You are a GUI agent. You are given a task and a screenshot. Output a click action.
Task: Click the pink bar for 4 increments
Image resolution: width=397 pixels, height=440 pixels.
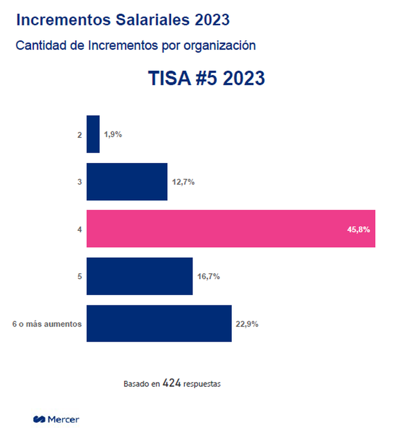click(231, 229)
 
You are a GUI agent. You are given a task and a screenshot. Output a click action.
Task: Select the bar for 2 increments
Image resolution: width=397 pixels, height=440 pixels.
click(93, 134)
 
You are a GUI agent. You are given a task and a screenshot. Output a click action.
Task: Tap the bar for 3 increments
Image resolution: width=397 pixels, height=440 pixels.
click(127, 181)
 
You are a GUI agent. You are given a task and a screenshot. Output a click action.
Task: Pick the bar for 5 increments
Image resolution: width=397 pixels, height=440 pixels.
click(139, 276)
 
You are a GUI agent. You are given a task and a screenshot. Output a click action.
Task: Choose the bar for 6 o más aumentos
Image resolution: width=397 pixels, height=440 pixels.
click(159, 324)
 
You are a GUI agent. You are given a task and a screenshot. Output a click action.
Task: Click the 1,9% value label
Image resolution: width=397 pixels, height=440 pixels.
click(113, 135)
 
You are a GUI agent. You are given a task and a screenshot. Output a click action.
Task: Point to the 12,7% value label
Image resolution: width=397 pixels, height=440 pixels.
click(183, 182)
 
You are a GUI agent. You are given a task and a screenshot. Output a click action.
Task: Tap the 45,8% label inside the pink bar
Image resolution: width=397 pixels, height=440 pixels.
click(358, 229)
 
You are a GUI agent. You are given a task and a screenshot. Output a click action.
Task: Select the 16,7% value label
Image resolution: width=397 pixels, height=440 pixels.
click(208, 276)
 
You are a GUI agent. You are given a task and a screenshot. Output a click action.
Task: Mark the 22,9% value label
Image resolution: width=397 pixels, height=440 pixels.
click(247, 324)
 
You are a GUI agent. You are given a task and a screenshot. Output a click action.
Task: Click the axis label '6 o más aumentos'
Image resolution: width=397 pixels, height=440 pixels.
click(47, 324)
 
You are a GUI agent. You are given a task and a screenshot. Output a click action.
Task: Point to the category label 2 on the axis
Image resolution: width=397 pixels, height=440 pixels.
click(79, 135)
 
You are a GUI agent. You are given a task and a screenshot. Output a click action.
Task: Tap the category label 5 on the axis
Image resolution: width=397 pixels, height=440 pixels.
click(79, 276)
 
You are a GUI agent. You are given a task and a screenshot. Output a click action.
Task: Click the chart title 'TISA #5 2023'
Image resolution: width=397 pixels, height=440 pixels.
click(206, 78)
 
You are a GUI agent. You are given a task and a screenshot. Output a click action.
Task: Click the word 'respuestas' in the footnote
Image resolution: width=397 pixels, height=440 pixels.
click(202, 384)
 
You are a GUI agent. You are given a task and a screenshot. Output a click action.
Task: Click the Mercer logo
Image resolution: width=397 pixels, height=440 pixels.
click(56, 419)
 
